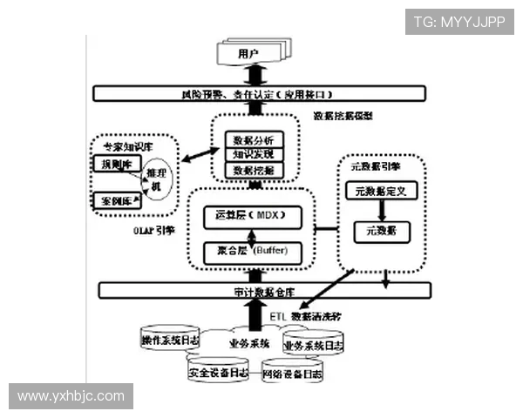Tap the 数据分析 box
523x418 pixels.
pos(254,139)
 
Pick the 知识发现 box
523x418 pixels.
pos(254,154)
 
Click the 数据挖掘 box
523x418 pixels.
pos(254,170)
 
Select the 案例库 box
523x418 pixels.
pos(115,201)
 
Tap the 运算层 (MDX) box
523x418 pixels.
pos(251,214)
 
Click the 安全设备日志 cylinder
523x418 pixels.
pos(218,372)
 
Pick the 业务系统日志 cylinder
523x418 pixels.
pos(314,345)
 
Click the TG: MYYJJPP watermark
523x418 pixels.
pos(459,21)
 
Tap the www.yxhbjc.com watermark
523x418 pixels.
pos(71,396)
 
